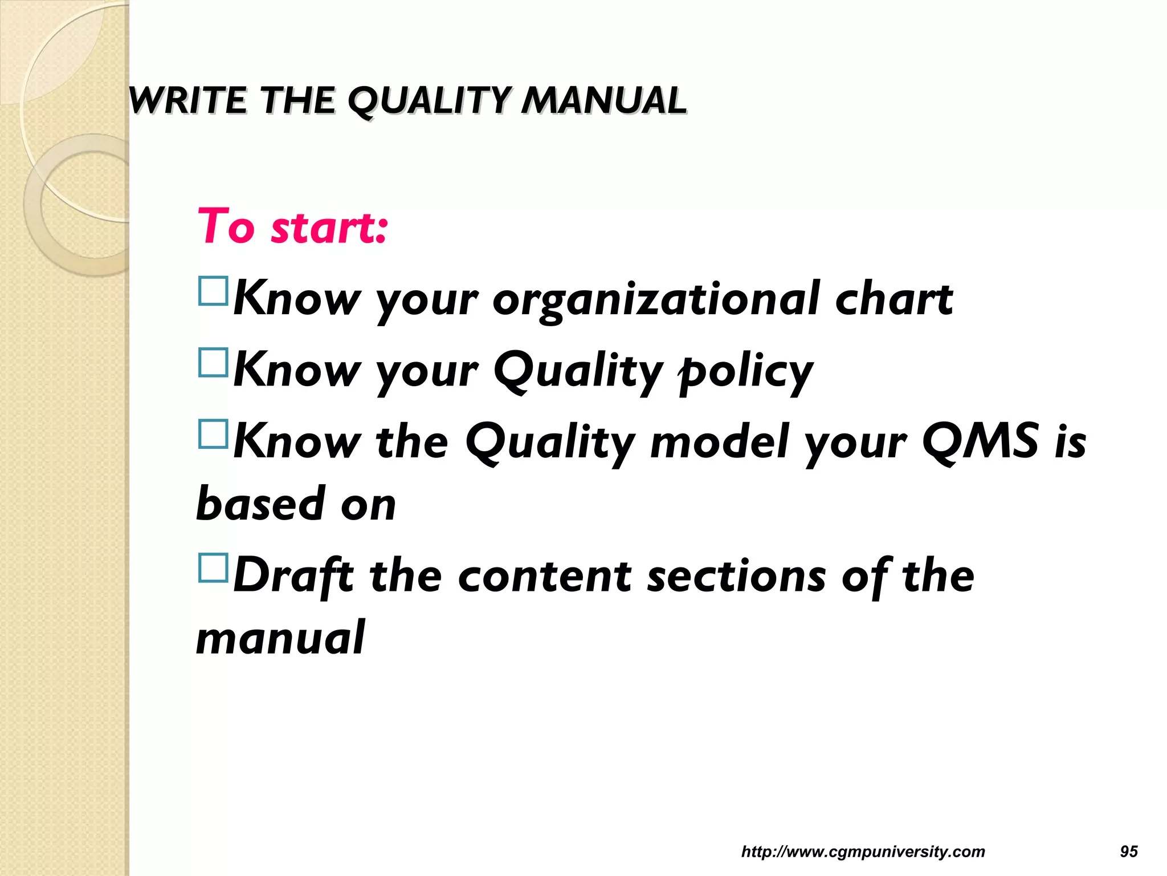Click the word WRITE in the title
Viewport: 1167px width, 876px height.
pos(188,101)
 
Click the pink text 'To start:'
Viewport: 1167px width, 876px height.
pos(292,227)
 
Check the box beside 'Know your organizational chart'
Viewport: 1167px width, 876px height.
pos(213,291)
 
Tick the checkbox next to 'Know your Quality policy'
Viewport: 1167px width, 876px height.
pos(213,363)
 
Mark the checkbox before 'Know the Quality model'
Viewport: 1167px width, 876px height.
pos(213,434)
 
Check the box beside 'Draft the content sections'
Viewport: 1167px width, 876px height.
pos(213,567)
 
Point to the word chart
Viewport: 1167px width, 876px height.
pos(893,299)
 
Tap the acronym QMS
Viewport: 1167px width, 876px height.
pos(981,442)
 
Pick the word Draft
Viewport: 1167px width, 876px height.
pos(293,575)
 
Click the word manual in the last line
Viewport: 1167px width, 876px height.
pos(280,638)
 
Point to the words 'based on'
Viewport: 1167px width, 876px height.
pos(296,504)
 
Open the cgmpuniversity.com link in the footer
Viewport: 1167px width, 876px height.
pos(863,851)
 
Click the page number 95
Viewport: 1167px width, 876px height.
pos(1129,851)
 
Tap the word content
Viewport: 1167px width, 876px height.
pos(544,575)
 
